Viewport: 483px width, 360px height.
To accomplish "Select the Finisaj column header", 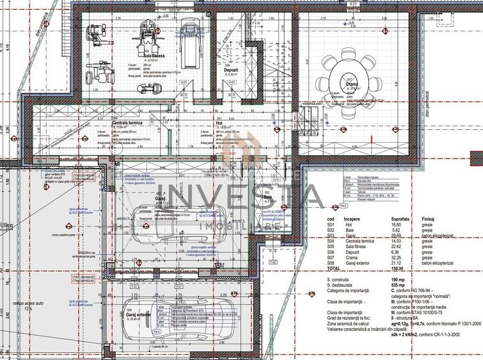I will pyautogui.click(x=429, y=219).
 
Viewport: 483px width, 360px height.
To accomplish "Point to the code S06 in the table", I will pyautogui.click(x=331, y=252).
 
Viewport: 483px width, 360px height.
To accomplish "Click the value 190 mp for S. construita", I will pyautogui.click(x=397, y=280).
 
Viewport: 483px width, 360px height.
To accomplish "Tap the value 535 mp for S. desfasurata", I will pyautogui.click(x=397, y=286).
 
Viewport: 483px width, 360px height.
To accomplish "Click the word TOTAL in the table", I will pyautogui.click(x=334, y=269).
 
